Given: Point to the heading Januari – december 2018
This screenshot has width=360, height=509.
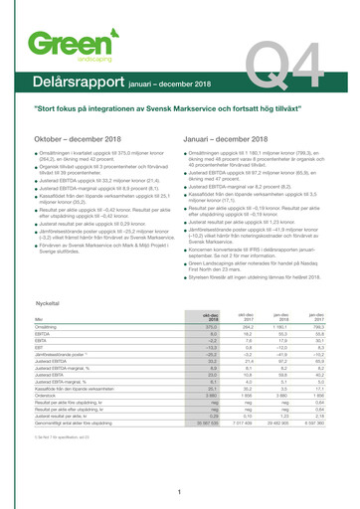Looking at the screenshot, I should tap(235, 138).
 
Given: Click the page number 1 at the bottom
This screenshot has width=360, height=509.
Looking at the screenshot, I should tap(179, 492).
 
